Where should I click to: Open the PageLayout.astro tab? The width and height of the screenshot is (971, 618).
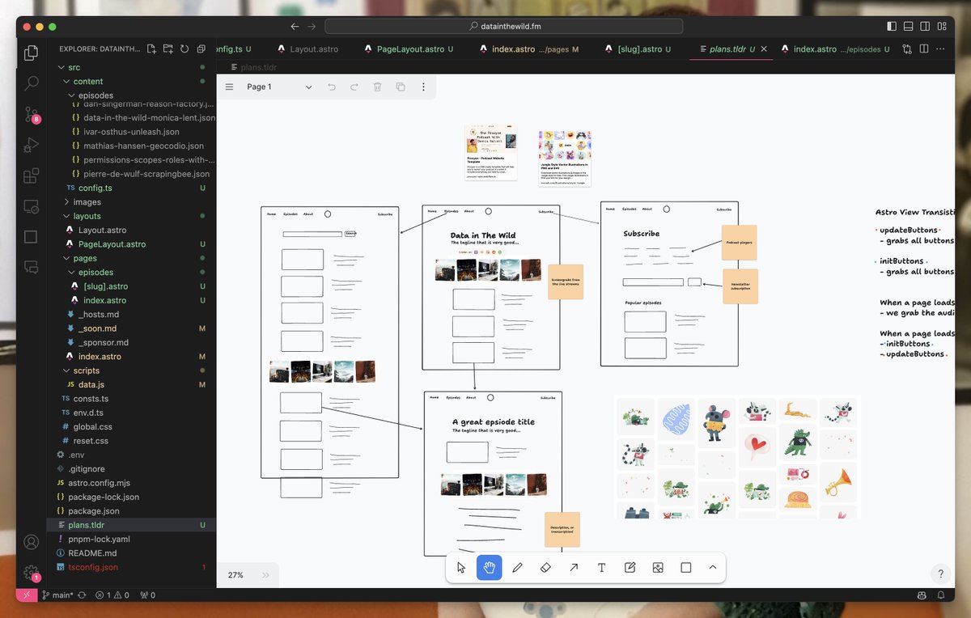[409, 49]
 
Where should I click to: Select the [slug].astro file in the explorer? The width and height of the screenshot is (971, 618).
[105, 286]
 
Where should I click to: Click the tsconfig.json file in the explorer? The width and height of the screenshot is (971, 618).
[93, 567]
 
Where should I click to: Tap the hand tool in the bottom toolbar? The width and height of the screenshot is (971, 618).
[490, 568]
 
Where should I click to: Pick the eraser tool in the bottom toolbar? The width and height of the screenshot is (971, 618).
[545, 568]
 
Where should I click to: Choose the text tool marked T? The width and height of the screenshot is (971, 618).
[602, 568]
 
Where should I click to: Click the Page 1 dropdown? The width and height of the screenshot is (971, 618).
[279, 87]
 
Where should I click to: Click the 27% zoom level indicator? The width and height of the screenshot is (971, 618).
[235, 575]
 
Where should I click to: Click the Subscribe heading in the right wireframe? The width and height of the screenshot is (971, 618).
[641, 234]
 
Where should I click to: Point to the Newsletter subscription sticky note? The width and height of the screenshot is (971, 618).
[740, 286]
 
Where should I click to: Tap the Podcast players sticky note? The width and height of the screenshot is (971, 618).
[739, 243]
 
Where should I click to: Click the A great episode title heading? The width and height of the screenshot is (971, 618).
[493, 421]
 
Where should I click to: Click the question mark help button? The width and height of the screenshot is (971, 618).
[940, 574]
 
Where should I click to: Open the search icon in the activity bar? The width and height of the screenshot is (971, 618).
[32, 83]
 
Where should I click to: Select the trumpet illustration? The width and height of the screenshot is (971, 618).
[838, 482]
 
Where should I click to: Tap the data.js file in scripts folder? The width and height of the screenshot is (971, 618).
[91, 384]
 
